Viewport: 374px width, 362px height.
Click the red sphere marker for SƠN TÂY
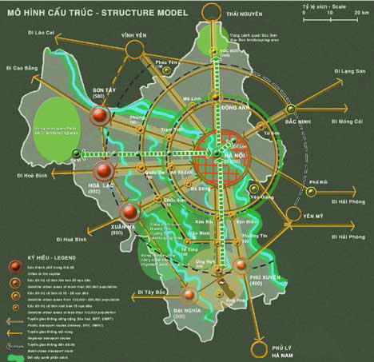coord(99,117)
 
